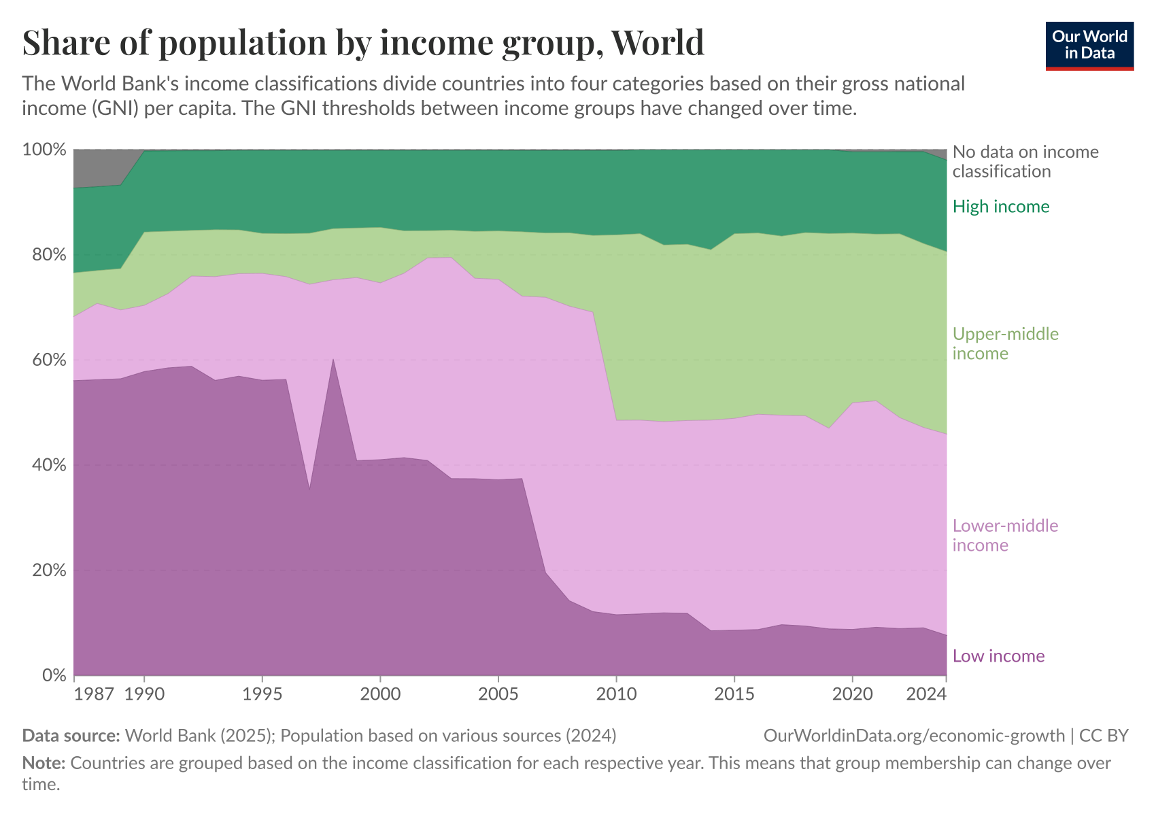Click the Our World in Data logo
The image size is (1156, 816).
pos(1089,46)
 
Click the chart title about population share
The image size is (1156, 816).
pos(363,42)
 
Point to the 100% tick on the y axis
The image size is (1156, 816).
pos(44,150)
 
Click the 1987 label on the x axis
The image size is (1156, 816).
pos(94,694)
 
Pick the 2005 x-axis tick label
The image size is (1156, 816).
pos(498,694)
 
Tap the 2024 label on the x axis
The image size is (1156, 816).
pos(926,694)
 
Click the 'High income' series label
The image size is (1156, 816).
pos(1001,207)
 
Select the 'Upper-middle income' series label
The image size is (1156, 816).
pos(1005,343)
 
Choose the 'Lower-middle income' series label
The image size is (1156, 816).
pos(1005,535)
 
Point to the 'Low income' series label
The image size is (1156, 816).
pos(998,656)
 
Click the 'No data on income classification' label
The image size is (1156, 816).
pos(1025,161)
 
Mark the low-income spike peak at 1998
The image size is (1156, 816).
pos(333,360)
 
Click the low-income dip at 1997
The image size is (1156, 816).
pos(309,488)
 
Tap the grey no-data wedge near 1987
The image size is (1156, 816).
pos(99,167)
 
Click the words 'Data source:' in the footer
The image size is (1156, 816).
pos(71,736)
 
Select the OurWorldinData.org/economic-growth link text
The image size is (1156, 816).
pos(914,736)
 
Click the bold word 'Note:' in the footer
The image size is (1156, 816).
pos(44,763)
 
